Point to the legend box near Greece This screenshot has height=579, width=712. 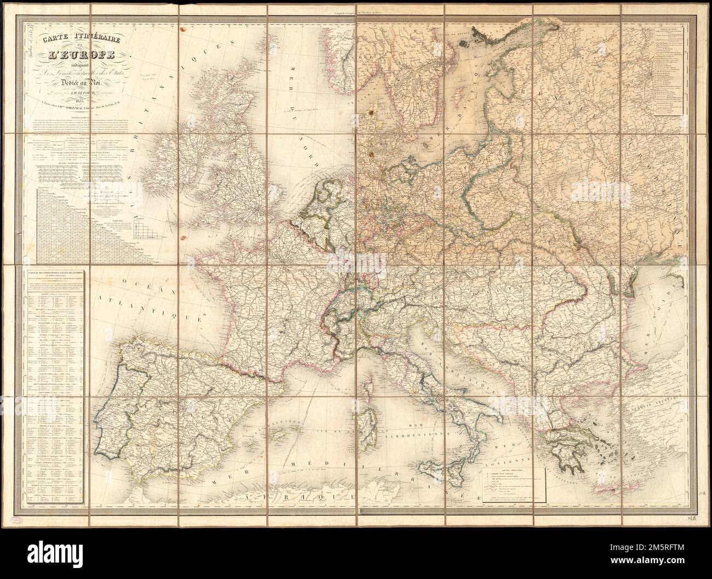513,485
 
